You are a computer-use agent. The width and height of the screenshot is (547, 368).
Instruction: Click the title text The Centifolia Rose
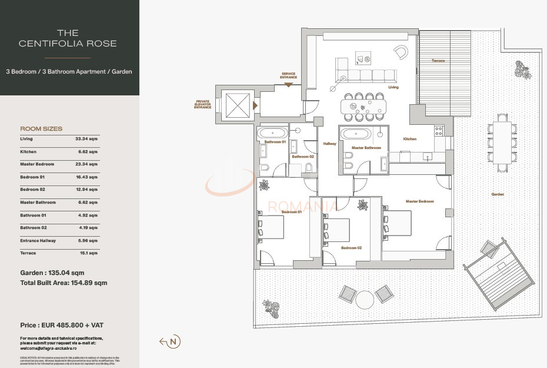tap(68, 38)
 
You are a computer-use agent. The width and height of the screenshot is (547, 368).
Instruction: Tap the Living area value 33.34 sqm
tap(86, 139)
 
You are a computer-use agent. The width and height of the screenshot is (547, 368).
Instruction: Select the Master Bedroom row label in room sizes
tap(37, 164)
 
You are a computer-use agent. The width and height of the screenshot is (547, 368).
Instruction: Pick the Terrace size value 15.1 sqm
tap(88, 253)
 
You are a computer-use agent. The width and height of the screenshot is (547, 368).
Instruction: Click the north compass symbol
tap(174, 342)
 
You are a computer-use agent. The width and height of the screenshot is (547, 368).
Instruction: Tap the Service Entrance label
tap(288, 75)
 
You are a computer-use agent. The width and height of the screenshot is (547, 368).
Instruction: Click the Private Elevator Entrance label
tap(203, 104)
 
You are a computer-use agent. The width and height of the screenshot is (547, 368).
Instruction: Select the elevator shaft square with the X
tap(238, 106)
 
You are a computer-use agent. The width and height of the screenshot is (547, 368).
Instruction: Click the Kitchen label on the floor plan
tap(409, 139)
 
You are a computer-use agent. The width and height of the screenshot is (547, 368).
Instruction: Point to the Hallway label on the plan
tap(329, 144)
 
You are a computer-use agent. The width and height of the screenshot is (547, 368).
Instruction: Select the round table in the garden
tap(365, 299)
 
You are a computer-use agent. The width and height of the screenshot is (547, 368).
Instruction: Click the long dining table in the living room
tap(365, 106)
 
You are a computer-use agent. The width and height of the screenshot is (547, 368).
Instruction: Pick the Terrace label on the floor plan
tap(438, 61)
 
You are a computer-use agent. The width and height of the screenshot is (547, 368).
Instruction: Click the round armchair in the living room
tap(401, 52)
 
